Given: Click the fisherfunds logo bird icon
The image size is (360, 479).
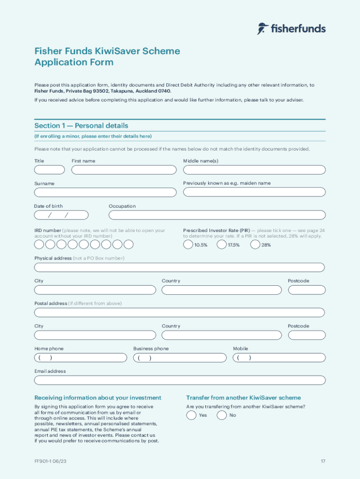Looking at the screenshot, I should tap(262, 29).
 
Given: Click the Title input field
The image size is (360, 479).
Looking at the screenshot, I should tap(50, 170).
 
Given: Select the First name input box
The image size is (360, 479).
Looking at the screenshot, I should tap(124, 170).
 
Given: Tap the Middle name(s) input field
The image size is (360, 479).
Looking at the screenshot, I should tap(254, 170).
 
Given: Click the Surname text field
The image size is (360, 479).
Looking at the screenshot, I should tap(105, 192).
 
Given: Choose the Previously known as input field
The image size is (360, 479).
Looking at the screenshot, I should tap(254, 192).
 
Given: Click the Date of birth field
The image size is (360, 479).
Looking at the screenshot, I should tap(61, 215).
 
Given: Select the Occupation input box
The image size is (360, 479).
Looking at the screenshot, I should tap(217, 215).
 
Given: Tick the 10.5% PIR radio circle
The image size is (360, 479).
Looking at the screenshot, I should tap(188, 245).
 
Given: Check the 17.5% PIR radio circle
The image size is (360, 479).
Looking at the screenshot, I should tap(222, 245).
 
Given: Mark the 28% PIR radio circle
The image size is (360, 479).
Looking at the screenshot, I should tap(255, 245).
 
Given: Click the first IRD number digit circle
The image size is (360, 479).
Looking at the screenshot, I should tap(39, 245).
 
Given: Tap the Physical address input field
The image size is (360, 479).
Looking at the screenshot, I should tap(179, 268).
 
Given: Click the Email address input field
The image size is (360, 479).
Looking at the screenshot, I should tap(180, 380).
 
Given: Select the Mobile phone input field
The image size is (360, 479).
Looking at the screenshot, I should tap(279, 358).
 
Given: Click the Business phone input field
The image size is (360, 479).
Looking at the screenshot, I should tap(180, 358).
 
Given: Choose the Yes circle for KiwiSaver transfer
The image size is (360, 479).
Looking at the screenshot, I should tap(191, 415).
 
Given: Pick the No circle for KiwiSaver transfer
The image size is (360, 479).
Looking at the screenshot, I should tap(222, 415).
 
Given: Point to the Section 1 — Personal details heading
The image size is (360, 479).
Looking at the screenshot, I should tap(81, 126).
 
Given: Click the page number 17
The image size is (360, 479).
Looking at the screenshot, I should tap(323, 462).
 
